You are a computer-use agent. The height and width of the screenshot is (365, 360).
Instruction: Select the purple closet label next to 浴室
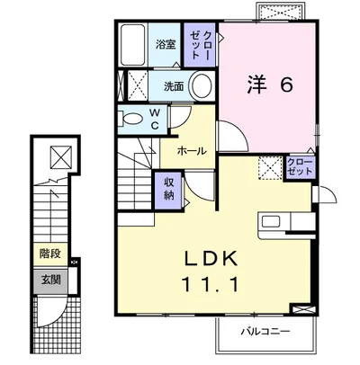198,43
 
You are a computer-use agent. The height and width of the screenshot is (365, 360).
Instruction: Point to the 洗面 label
174,86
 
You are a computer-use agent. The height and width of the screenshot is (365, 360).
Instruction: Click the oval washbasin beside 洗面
202,87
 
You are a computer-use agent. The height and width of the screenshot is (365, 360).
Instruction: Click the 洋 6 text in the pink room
268,85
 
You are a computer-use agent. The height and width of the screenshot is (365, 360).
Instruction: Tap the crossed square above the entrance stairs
60,156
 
